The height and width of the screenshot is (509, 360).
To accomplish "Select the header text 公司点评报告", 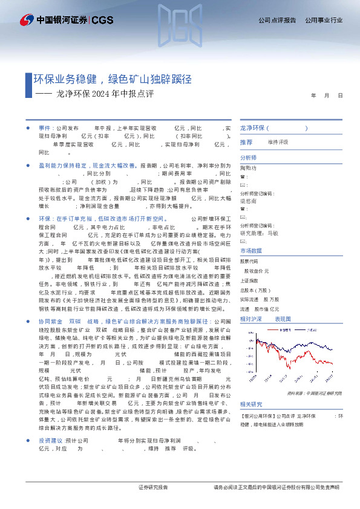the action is [277, 21].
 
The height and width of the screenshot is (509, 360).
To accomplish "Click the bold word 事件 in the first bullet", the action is [45, 129].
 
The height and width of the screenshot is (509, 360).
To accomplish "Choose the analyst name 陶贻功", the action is [248, 167].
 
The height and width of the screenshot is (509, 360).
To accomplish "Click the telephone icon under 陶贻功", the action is [243, 176].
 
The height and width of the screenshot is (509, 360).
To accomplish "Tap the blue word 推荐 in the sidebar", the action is [246, 142].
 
